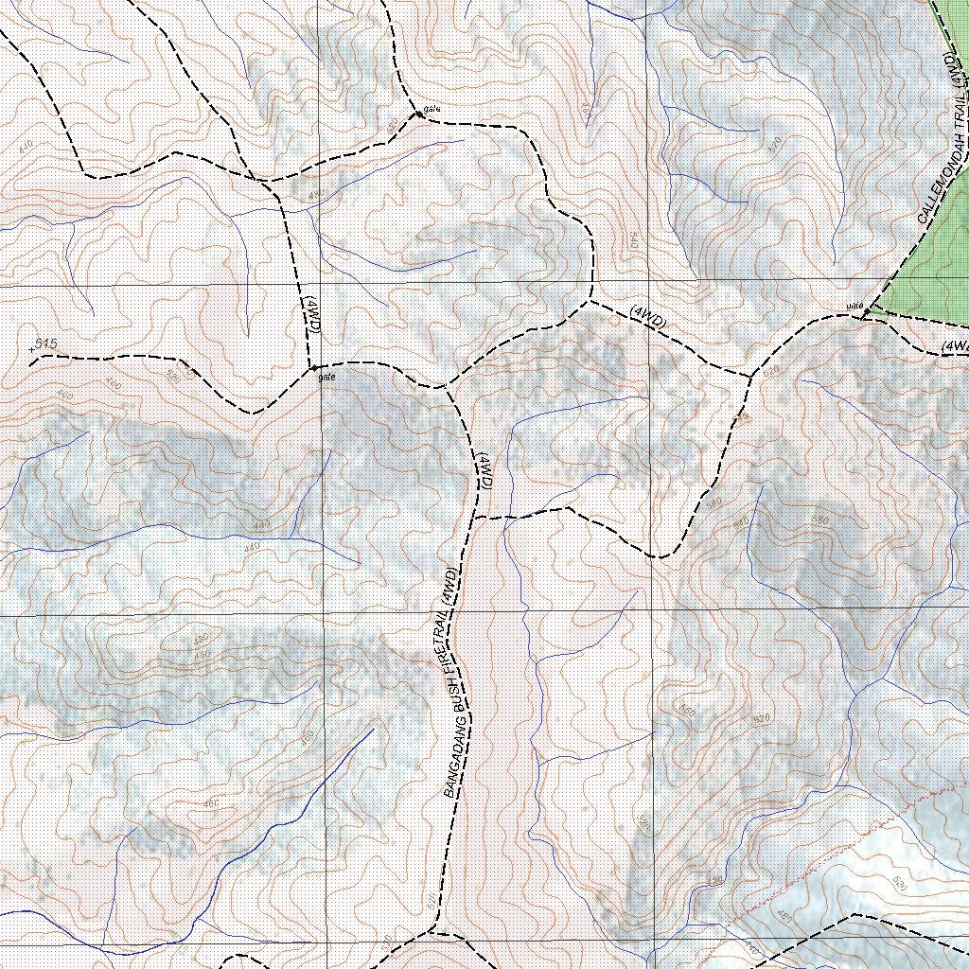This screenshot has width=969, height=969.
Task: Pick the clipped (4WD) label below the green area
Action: [955, 346]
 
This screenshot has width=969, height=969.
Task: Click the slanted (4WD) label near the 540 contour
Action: [647, 317]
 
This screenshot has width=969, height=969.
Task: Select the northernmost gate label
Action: [432, 109]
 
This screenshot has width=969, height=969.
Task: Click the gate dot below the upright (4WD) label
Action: [314, 367]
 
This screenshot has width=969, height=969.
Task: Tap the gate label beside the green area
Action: [855, 306]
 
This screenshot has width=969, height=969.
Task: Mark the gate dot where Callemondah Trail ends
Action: [866, 312]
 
